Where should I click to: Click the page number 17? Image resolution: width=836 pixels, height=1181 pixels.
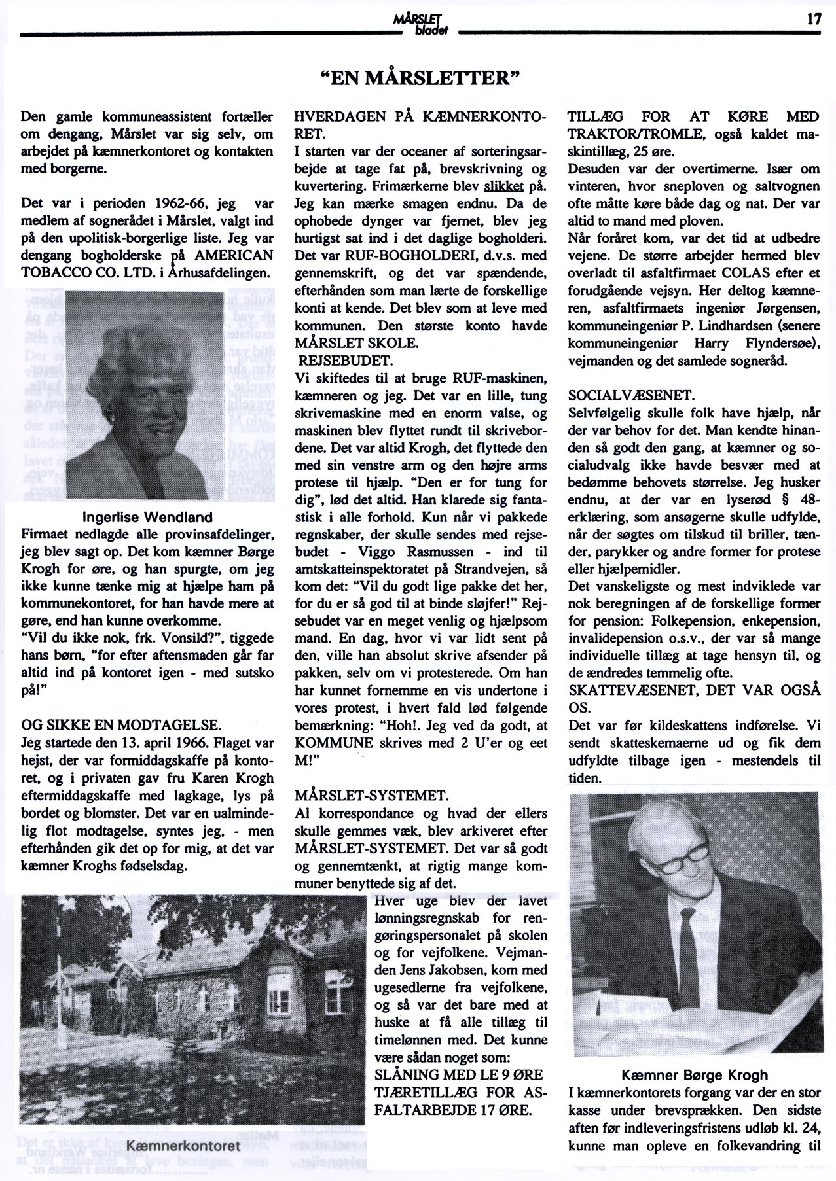click(813, 19)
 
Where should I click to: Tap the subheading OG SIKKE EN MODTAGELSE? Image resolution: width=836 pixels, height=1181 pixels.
click(122, 724)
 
